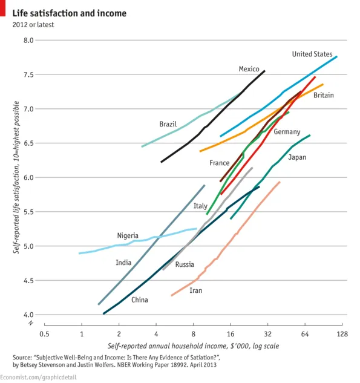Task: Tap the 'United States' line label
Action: [x=312, y=54]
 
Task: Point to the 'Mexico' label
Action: [x=249, y=69]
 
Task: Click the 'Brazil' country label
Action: [x=168, y=124]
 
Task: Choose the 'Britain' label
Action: [x=323, y=95]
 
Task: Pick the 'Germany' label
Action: [x=287, y=132]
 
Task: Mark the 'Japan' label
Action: [x=297, y=157]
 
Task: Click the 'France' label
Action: [x=219, y=163]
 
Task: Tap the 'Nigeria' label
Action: [x=128, y=235]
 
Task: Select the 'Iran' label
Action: [x=195, y=290]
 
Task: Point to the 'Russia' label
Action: [x=185, y=264]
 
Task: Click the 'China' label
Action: [x=139, y=300]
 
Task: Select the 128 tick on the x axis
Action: [x=342, y=334]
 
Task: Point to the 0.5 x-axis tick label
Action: [x=44, y=334]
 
